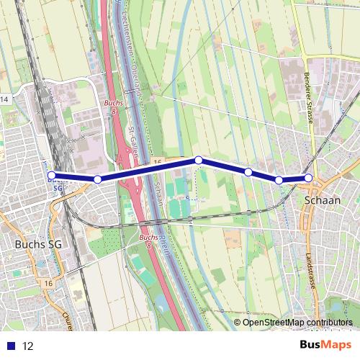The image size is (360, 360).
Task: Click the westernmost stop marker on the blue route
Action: point(51,175)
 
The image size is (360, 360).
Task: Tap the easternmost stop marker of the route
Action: point(309,177)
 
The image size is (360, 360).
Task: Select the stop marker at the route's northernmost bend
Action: point(198,160)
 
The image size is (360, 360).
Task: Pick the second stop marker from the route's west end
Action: point(97,179)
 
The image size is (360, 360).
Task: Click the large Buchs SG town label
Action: point(37,245)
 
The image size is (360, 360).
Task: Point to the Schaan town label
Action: point(323,200)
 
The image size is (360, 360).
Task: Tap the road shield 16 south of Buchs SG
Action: point(48,284)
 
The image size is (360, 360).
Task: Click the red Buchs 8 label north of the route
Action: point(114,107)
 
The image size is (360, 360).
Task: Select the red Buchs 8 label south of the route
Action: point(148,240)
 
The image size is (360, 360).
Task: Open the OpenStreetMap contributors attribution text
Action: point(297,323)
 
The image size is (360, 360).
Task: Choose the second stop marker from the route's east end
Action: point(279,179)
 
